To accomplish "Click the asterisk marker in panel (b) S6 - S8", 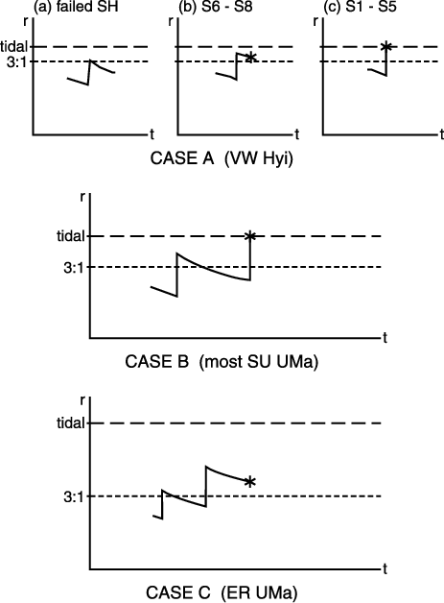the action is pos(250,58).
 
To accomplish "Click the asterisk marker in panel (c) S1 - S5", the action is pos(386,46).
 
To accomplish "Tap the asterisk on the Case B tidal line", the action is pos(250,236).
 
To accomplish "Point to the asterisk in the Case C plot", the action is pos(250,481).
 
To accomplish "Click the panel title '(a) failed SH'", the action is pos(76,7).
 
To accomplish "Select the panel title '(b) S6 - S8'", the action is pos(216,7).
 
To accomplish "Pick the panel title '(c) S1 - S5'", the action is pos(361,7).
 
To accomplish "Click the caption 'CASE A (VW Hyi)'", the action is pos(222,158).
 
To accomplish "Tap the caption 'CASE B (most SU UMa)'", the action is pos(222,362).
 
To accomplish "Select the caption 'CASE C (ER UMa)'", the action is pos(222,592).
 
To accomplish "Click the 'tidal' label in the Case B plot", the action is pos(71,236).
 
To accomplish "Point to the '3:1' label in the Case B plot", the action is pos(74,268).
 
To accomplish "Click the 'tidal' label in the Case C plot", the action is pos(71,423).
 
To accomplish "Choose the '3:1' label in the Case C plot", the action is pos(74,497).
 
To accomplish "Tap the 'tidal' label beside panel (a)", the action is pos(14,46).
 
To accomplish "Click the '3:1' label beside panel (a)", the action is pos(17,61).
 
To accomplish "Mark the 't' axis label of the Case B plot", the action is pos(385,338).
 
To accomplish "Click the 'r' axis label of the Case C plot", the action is pos(82,400).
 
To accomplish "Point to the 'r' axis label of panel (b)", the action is pos(171,21).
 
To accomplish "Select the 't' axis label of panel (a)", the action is pos(152,134).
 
